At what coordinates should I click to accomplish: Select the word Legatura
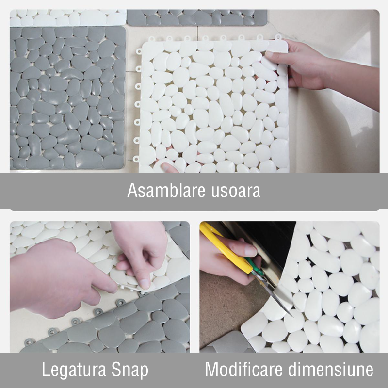point(74,370)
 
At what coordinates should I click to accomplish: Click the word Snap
point(129,370)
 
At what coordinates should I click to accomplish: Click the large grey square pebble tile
point(67,98)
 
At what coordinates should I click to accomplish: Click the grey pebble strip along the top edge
point(197,18)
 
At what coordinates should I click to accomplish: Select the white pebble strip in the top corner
point(67,18)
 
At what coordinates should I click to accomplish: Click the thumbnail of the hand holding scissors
point(250,250)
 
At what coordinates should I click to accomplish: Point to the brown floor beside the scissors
point(223,309)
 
